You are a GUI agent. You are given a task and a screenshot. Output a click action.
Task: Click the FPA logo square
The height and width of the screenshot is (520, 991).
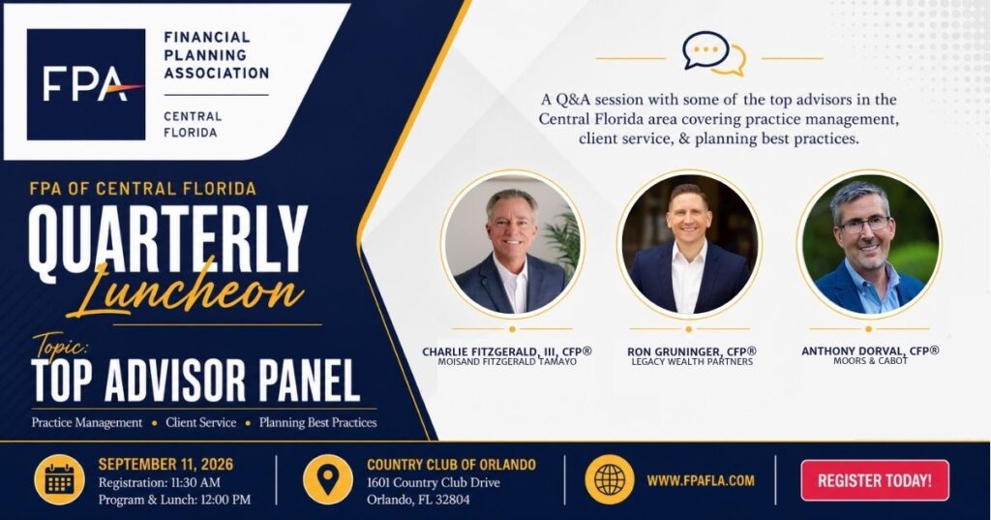click(86, 84)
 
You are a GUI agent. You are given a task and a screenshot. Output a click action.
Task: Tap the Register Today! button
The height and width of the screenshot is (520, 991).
click(875, 480)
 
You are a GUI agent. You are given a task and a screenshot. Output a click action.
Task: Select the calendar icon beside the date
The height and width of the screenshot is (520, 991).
click(59, 480)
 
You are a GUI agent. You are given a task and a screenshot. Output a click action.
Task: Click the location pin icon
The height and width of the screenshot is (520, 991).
click(327, 480)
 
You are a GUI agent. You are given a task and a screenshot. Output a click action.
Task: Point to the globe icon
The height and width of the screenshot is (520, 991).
click(610, 480)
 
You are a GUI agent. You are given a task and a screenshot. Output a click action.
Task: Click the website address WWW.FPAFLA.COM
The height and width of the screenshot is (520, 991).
click(701, 480)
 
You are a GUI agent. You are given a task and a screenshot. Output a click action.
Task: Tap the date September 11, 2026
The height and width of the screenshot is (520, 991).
click(165, 465)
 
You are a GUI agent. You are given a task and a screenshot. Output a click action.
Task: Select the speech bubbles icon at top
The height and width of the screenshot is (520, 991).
click(714, 53)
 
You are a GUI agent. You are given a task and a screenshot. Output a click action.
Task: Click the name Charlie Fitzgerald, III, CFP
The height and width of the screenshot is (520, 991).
click(507, 352)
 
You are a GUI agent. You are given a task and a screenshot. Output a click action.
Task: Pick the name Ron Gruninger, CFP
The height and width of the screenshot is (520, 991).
click(692, 352)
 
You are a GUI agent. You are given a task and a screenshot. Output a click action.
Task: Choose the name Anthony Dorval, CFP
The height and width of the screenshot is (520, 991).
click(870, 351)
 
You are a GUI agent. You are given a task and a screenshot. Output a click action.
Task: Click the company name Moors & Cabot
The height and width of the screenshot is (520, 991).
click(870, 361)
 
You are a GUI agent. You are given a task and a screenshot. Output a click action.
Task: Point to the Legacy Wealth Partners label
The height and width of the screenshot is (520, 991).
click(692, 362)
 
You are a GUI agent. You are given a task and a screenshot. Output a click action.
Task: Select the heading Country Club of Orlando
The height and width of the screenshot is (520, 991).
click(451, 465)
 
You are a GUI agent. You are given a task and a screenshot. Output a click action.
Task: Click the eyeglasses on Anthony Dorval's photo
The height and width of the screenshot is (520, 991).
click(866, 224)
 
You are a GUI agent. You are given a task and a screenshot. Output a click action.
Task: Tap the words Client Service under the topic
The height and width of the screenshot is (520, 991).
click(201, 422)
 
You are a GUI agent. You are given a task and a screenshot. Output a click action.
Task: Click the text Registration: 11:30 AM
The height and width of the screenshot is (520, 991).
click(160, 482)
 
